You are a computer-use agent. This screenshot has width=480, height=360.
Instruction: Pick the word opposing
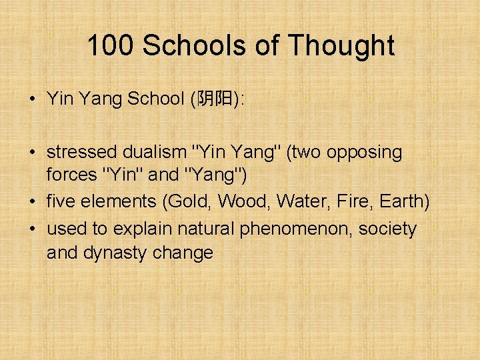[x=363, y=153]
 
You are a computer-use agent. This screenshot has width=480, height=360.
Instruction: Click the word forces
[x=71, y=175]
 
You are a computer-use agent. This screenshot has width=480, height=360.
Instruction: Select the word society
[x=387, y=229]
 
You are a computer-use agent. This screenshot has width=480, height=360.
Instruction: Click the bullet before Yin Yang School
[x=32, y=100]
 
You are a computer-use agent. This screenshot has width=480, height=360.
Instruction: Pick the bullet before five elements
[x=32, y=201]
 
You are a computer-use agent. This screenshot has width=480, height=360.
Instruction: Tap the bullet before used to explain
[x=32, y=229]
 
